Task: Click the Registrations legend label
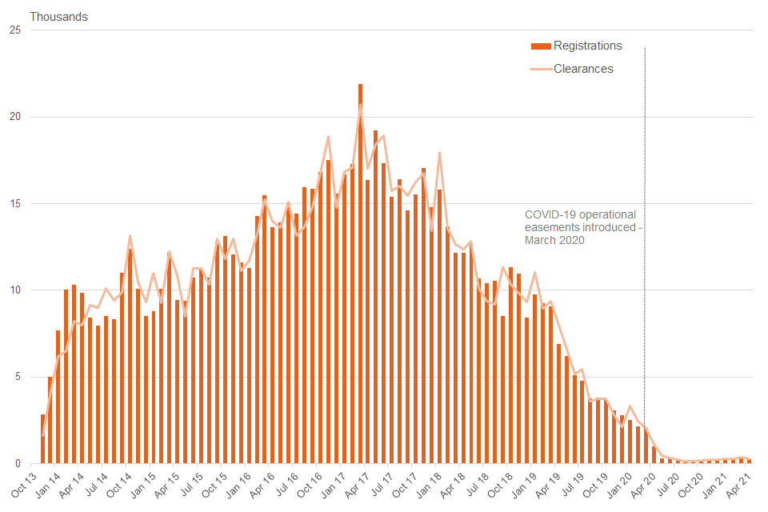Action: click(587, 46)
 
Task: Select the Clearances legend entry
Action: click(583, 69)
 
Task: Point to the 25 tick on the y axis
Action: click(14, 30)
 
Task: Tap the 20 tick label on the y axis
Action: click(14, 117)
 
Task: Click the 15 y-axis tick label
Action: click(14, 204)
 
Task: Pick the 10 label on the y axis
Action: click(14, 290)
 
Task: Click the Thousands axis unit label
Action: click(59, 17)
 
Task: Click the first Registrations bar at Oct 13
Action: click(42, 439)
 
